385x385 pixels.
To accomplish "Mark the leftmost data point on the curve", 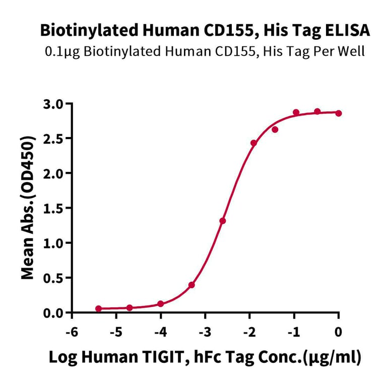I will [x=98, y=308].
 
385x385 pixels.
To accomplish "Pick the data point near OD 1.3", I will [x=223, y=221].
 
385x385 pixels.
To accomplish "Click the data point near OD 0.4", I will [x=191, y=285].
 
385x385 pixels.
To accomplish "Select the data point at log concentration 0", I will [x=338, y=113].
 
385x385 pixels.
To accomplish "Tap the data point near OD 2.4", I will [x=253, y=143].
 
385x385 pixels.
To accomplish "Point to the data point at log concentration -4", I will [x=160, y=304].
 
